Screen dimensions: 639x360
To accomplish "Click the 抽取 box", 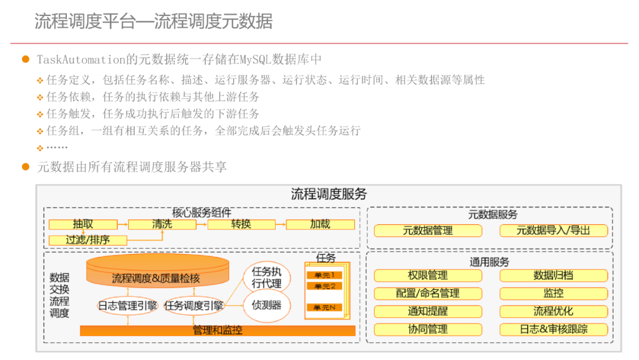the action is (x=83, y=224).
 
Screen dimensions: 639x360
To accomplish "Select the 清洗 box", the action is (x=162, y=224).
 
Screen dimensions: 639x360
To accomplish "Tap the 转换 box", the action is (x=241, y=224).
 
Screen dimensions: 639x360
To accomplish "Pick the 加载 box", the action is (x=320, y=224).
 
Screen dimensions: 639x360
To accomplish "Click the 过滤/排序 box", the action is (x=88, y=240).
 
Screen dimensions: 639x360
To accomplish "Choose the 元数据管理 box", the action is (x=427, y=231).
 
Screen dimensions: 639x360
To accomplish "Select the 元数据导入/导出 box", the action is (x=553, y=231).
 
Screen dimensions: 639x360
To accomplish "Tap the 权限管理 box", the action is (x=427, y=275).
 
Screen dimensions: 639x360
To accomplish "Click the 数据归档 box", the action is (x=553, y=275).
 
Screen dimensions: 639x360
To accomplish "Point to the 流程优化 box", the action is (x=553, y=311).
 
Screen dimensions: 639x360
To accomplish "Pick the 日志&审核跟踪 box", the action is (x=553, y=329).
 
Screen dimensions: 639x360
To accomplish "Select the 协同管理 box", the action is (x=427, y=329).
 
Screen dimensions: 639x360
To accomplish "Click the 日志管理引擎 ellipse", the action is (x=128, y=306).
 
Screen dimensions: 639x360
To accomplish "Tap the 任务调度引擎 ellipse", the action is (x=194, y=306).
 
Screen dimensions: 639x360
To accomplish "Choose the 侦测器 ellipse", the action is (x=267, y=306).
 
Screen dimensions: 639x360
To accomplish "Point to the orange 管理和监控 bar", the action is (x=217, y=330).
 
